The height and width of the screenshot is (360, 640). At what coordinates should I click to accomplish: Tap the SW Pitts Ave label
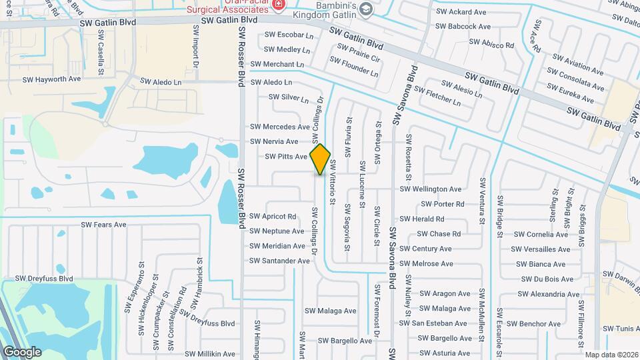(x=286, y=157)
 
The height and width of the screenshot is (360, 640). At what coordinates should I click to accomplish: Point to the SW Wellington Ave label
(x=430, y=189)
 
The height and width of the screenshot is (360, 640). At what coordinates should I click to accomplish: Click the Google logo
(x=22, y=352)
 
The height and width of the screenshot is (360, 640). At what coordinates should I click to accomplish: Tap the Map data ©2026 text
(x=611, y=355)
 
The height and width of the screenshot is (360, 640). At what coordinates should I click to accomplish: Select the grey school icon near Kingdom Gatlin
(x=365, y=9)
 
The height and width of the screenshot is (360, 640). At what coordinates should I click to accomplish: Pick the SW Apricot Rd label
(x=273, y=217)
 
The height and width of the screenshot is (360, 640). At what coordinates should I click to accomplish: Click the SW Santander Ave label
(x=279, y=261)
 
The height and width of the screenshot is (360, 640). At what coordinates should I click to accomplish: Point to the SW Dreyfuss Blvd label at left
(x=44, y=279)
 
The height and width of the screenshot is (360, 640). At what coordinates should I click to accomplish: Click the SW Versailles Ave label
(x=541, y=249)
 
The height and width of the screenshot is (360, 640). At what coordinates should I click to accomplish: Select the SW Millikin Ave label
(x=210, y=354)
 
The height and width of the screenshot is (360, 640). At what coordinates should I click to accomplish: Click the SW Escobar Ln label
(x=289, y=35)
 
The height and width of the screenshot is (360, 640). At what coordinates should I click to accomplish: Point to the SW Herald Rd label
(x=421, y=219)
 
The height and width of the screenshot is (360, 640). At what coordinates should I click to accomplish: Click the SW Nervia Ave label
(x=274, y=142)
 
